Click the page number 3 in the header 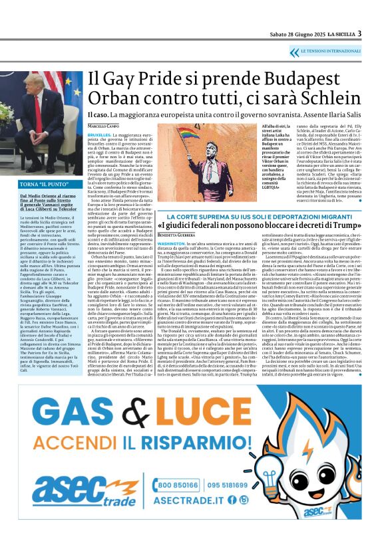point(359,33)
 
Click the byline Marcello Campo point(105,125)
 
